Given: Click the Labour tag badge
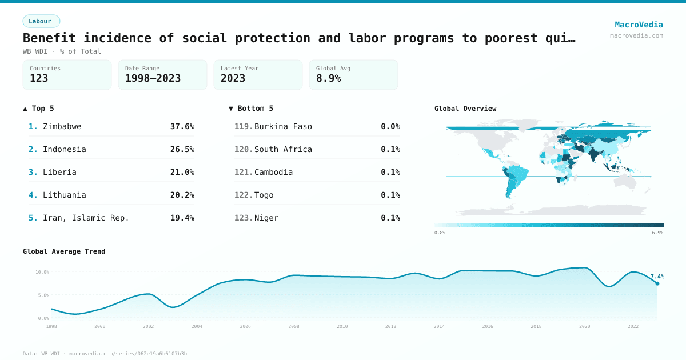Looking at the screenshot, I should click(x=41, y=21).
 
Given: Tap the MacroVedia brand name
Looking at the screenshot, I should click(x=639, y=25).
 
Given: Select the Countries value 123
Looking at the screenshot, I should click(x=39, y=78).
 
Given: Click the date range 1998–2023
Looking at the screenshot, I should click(x=153, y=78).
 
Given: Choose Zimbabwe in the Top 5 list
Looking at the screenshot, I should click(x=62, y=126).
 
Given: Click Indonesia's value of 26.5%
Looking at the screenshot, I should click(x=182, y=149).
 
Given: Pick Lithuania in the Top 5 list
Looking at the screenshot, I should click(x=64, y=195).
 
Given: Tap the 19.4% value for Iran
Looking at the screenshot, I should click(x=182, y=218).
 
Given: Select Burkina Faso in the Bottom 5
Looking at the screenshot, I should click(x=283, y=126).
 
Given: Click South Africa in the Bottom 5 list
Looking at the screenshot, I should click(x=283, y=149).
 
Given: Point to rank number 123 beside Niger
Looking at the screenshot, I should click(x=244, y=218).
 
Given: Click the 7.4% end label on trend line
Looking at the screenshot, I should click(x=657, y=277).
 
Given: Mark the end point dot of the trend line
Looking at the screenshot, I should click(x=657, y=283).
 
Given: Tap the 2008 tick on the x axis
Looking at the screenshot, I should click(x=294, y=326).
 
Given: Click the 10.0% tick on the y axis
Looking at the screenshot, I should click(x=42, y=272).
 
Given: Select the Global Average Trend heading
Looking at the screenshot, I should click(x=64, y=251).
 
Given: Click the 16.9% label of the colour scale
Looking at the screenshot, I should click(x=656, y=233).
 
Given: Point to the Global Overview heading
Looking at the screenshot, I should click(x=465, y=109).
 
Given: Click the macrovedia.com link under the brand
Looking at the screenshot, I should click(x=636, y=35).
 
